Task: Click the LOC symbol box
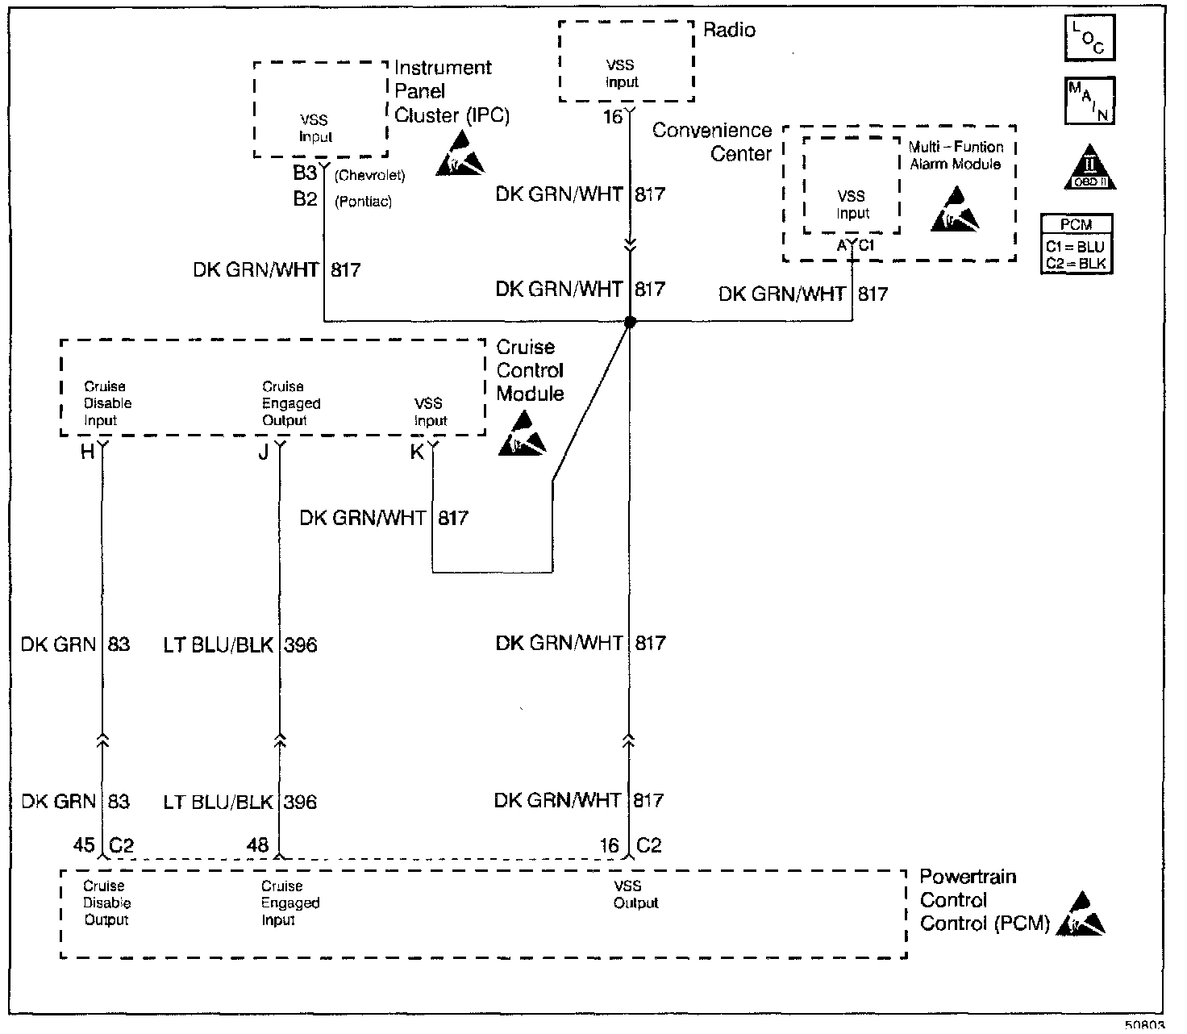pos(1089,38)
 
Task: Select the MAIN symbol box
pos(1089,101)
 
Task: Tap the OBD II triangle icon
pos(1089,169)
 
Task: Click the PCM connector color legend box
pos(1076,244)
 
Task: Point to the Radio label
pos(729,31)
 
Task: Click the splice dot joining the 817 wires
pos(631,322)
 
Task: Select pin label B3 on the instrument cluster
pos(305,173)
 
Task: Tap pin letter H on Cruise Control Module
pos(87,452)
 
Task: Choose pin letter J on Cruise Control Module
pos(264,452)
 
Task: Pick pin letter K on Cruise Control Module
pos(417,452)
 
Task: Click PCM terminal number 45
pos(84,845)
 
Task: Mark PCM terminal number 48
pos(257,845)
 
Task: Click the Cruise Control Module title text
pos(530,370)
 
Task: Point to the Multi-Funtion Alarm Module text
pos(956,156)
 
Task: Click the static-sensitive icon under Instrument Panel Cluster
pos(460,155)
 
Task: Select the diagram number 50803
pos(1145,1026)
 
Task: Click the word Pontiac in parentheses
pos(363,202)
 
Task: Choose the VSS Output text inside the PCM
pos(635,894)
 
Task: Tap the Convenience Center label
pos(712,142)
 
